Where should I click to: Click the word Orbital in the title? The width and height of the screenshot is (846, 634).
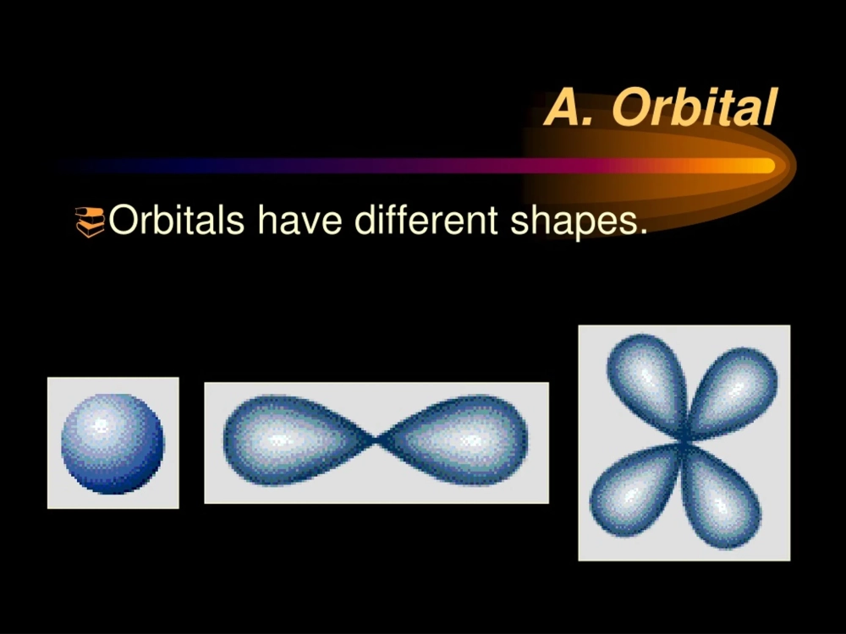(693, 107)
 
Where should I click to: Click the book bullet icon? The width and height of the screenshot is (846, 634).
(91, 221)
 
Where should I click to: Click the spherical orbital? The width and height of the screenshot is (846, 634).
(113, 443)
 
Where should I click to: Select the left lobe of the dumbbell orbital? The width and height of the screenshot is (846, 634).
(288, 440)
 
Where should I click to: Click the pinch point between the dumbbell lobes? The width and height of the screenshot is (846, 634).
(377, 440)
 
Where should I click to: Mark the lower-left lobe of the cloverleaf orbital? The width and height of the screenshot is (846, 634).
(633, 494)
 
